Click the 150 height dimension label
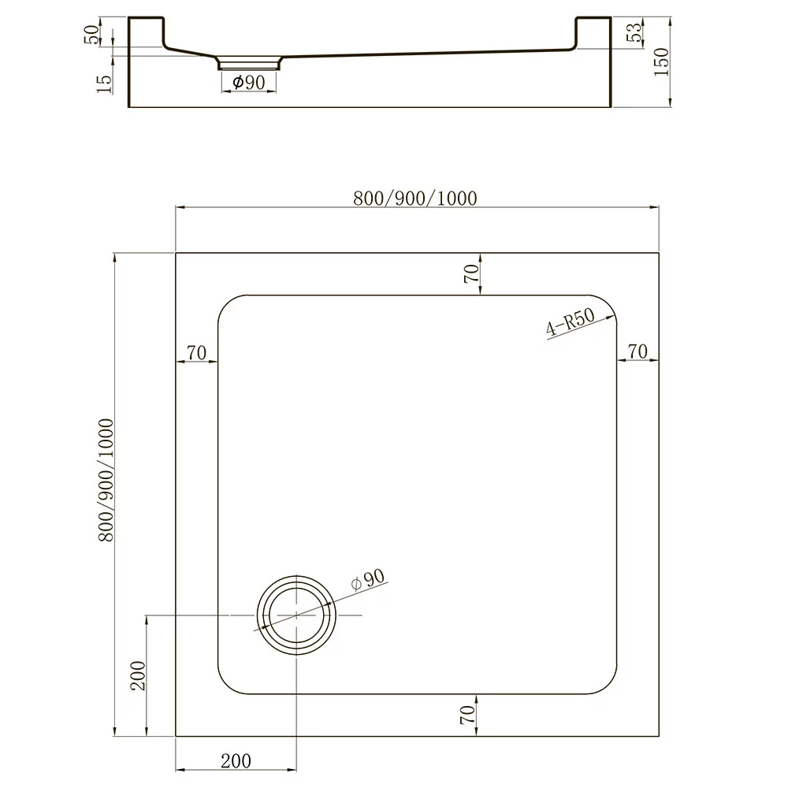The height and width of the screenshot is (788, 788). click(662, 61)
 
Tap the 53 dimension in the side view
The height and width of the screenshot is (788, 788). click(634, 32)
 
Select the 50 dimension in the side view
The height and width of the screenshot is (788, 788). click(92, 35)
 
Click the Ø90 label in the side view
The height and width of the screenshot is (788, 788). click(249, 82)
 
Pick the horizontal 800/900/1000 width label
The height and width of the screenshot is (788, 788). click(415, 199)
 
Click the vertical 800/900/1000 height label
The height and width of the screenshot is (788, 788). click(106, 480)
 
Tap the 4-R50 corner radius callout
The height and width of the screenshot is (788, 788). click(571, 322)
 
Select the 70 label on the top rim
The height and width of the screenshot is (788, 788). click(471, 274)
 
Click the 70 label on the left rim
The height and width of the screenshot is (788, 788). click(196, 353)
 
